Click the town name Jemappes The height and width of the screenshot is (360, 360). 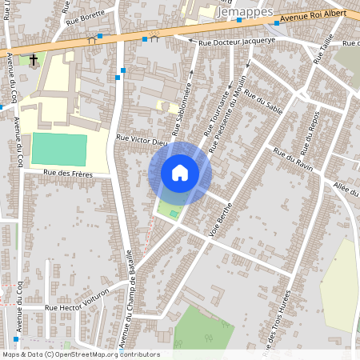(246, 14)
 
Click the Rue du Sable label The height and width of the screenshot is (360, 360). (265, 107)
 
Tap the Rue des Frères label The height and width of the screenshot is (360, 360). (68, 174)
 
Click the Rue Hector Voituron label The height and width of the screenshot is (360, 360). (76, 306)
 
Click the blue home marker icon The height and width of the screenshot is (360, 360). (180, 173)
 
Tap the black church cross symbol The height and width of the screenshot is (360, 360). (34, 59)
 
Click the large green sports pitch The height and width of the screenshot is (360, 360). (59, 150)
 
